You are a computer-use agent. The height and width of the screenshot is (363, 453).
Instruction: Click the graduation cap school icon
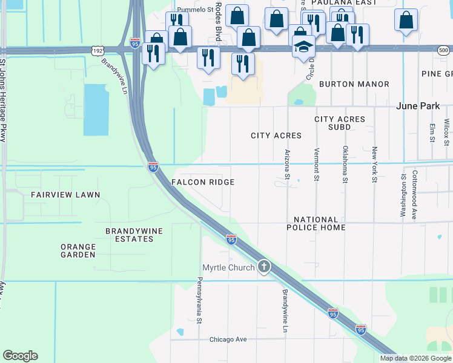click(303, 45)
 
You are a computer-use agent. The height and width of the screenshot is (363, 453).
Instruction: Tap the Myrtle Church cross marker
click(263, 266)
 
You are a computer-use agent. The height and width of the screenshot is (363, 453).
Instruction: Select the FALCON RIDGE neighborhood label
click(202, 182)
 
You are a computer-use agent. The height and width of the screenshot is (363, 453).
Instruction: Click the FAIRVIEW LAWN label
click(65, 195)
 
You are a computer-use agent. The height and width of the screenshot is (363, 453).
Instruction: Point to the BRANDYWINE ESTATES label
click(130, 235)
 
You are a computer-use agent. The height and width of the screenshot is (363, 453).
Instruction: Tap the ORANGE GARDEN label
click(78, 250)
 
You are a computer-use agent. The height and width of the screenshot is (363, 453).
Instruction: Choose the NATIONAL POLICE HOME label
click(319, 223)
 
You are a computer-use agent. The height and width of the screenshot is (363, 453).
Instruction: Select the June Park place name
click(418, 106)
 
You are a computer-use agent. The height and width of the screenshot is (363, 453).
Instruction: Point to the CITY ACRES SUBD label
click(340, 123)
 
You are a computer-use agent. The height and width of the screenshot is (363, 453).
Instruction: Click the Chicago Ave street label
click(228, 339)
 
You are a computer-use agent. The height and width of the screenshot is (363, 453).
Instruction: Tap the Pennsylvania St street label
click(199, 300)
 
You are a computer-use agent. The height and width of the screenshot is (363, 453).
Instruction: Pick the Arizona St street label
click(288, 165)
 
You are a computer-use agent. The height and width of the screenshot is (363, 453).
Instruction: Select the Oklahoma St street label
click(345, 164)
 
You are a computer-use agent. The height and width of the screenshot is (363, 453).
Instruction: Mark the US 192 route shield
click(97, 50)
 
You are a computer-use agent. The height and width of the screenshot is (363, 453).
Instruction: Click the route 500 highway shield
click(444, 50)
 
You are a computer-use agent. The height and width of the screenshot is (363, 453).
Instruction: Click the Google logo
click(20, 356)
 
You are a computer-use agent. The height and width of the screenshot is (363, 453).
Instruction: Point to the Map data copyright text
click(415, 358)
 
